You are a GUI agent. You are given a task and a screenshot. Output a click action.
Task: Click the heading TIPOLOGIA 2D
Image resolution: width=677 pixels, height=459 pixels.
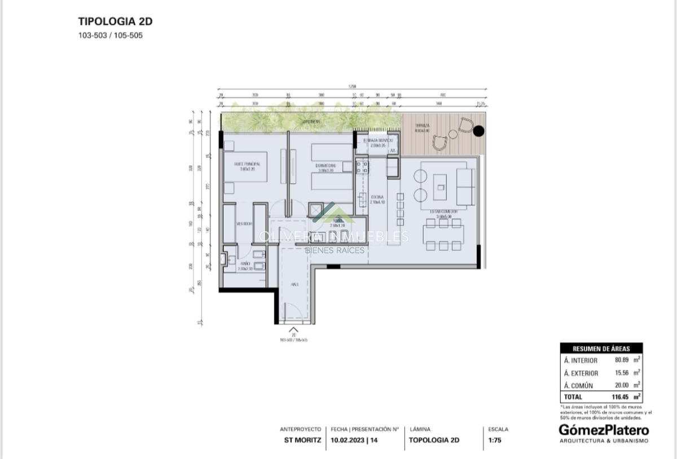point(115,22)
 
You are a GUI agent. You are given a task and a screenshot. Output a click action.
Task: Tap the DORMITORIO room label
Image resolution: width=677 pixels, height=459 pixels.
point(327,166)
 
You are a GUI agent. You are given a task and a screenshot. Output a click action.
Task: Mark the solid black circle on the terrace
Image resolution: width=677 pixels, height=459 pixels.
point(478,132)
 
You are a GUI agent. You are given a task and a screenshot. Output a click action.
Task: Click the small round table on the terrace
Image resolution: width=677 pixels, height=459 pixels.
point(452,134)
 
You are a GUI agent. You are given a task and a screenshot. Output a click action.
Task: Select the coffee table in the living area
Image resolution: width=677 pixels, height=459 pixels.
point(440,184)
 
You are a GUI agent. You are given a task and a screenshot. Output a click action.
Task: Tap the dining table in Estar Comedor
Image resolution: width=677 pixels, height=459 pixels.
point(443,234)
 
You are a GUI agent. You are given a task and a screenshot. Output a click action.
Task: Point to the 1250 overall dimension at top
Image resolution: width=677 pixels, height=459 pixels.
point(353,86)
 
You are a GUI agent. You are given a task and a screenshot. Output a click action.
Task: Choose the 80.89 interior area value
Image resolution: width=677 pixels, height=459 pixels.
point(622,360)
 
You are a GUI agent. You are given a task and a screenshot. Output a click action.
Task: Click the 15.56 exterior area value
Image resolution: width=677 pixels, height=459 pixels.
point(622,373)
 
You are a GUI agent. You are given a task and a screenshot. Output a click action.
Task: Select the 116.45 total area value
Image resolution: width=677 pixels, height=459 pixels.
point(621,397)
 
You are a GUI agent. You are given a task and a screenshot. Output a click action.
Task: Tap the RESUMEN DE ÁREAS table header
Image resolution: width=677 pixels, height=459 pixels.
point(601,348)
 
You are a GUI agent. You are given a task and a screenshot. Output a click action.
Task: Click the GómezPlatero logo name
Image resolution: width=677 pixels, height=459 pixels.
point(604,430)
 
